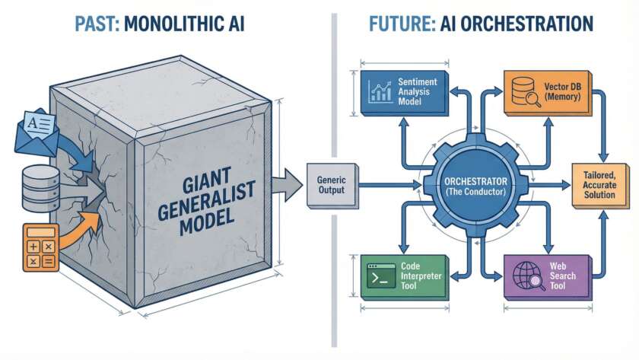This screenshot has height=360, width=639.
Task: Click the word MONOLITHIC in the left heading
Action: click(x=170, y=24)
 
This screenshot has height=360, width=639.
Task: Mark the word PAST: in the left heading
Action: click(x=97, y=24)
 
